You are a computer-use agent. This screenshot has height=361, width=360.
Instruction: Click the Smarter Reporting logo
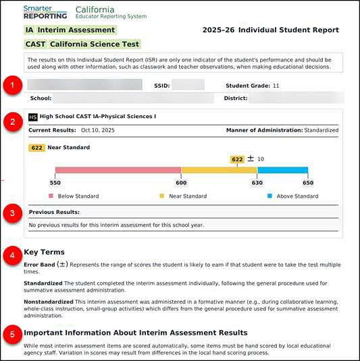pos(45,11)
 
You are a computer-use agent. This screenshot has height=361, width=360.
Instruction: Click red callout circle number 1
pos(11,86)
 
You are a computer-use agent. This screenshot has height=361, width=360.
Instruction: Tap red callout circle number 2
pos(11,122)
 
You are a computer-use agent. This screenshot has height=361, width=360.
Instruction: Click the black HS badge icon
pos(33,117)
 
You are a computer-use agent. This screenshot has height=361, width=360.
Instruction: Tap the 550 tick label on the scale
pos(55,182)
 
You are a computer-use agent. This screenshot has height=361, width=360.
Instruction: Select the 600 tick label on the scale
pos(181,182)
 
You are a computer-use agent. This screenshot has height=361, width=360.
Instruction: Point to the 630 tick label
pos(257,182)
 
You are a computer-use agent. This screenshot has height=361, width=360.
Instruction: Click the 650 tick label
pos(308,182)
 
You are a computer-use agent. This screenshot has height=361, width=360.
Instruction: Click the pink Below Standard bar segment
pos(118,170)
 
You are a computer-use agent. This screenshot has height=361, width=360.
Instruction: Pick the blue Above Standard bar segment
pos(282,170)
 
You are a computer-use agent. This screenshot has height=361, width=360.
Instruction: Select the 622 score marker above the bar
pos(237,159)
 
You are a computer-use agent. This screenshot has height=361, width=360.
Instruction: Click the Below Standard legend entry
pos(74,196)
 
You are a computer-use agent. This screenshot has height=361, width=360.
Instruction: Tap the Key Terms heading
pos(44,252)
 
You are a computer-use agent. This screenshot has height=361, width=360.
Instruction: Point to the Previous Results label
pos(54,212)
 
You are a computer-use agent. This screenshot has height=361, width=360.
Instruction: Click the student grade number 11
pos(276,86)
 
